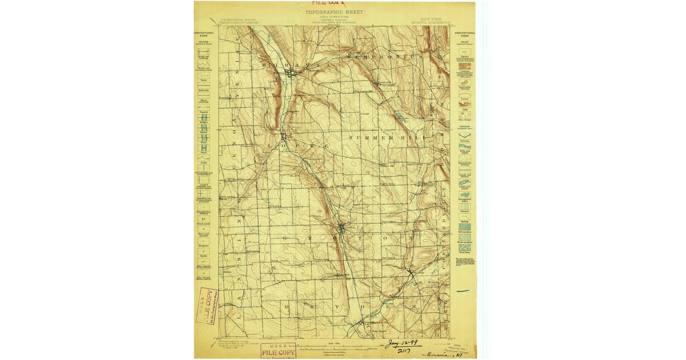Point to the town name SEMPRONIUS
(x=386, y=57)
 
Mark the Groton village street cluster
(x=342, y=229)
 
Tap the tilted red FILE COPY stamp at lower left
(x=207, y=306)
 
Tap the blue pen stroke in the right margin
(x=463, y=291)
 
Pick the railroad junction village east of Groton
(x=411, y=273)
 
